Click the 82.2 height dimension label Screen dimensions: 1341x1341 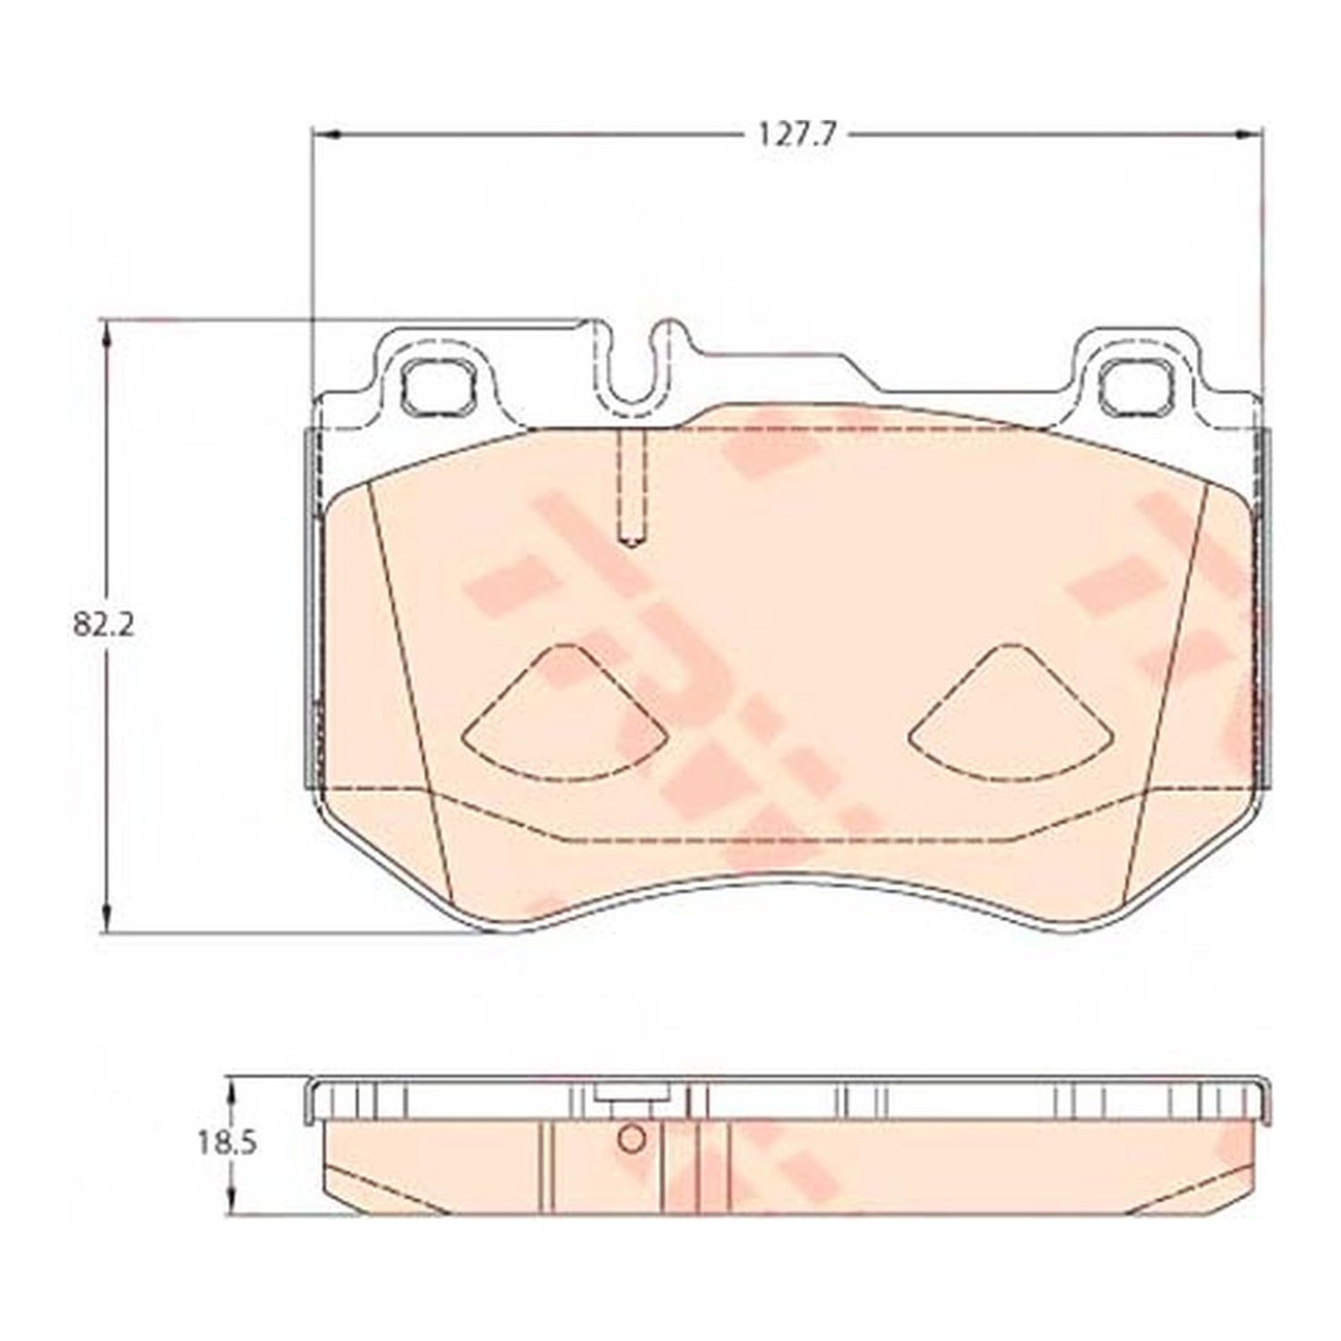click(x=104, y=625)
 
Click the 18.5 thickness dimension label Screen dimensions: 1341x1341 click(x=227, y=1143)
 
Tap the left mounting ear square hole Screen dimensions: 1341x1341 click(x=437, y=387)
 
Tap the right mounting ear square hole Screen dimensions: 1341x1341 click(x=1136, y=387)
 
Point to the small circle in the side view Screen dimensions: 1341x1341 click(x=632, y=1139)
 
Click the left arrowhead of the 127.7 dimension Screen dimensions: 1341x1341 click(x=326, y=135)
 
